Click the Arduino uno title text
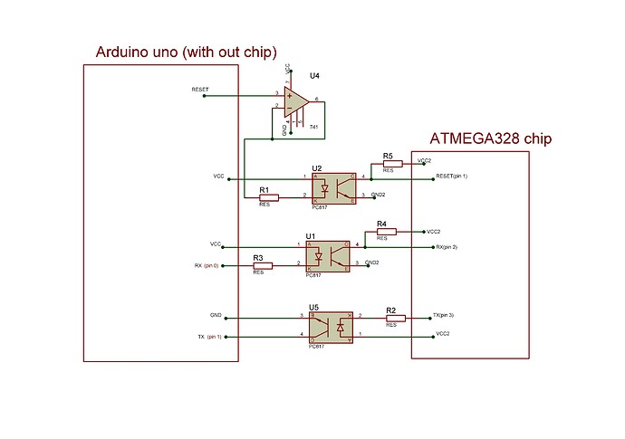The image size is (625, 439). click(186, 52)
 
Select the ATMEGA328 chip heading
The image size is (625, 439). click(490, 139)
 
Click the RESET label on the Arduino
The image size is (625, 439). click(200, 90)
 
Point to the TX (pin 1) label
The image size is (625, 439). click(209, 337)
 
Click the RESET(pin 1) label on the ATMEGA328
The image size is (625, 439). click(452, 176)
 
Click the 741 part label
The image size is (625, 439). click(313, 125)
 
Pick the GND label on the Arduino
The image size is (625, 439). click(216, 316)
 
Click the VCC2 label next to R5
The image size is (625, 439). click(425, 160)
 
